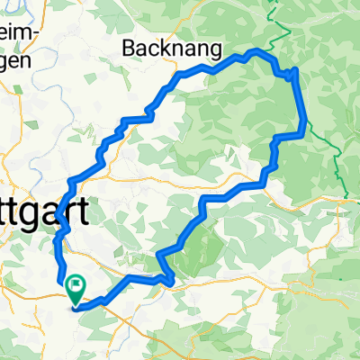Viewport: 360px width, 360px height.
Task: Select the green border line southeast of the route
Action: point(337,171)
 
